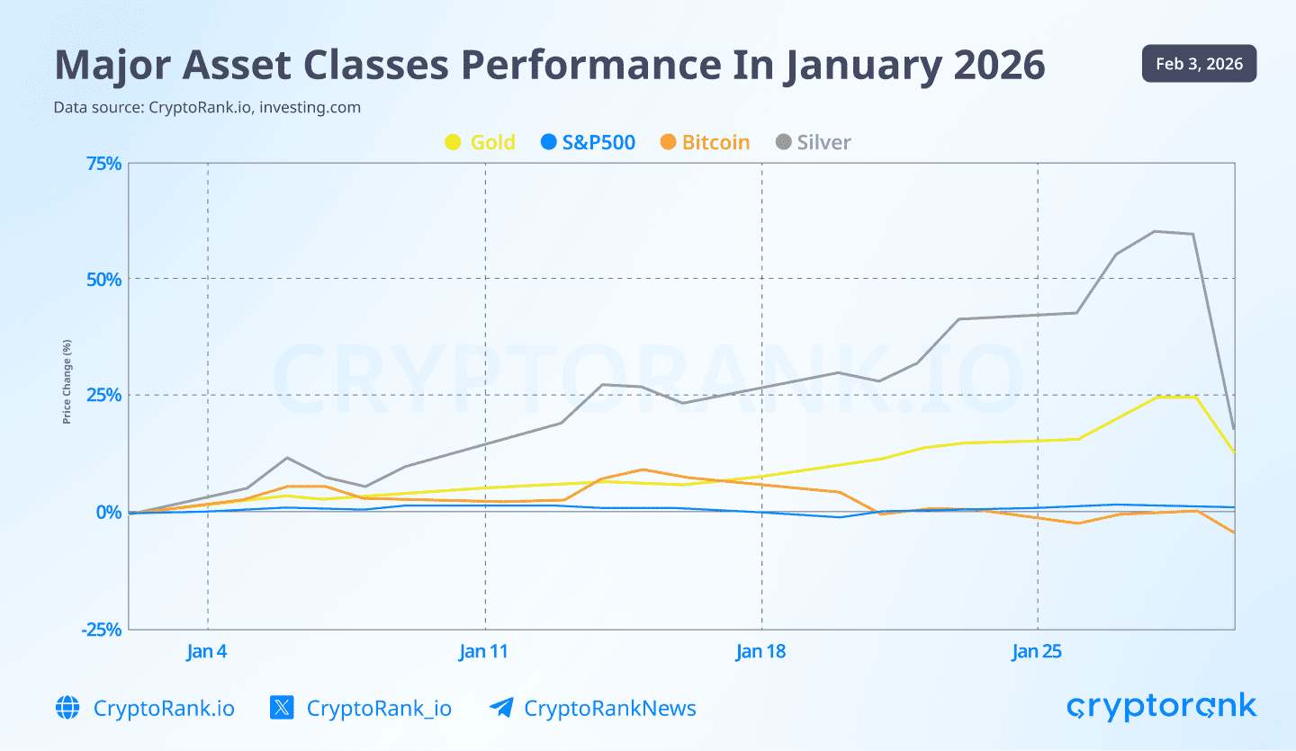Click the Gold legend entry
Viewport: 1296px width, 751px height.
point(481,142)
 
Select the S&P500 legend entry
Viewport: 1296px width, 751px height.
point(589,142)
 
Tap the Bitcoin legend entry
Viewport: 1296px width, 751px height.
point(705,142)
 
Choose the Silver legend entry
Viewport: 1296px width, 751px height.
point(813,142)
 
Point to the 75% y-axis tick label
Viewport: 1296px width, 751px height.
point(103,163)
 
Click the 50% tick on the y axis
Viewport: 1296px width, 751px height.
point(103,279)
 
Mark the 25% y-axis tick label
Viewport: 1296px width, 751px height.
point(103,395)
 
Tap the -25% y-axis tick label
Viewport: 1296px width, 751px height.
point(100,629)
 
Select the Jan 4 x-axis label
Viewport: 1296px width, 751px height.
point(207,651)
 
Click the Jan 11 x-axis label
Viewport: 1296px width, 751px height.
point(484,651)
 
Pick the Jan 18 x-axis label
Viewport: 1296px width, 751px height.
point(761,651)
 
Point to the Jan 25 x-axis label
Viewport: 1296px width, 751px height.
point(1038,651)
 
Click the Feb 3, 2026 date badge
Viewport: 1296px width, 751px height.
point(1199,64)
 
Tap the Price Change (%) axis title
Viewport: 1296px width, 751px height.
point(67,382)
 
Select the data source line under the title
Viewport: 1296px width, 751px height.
point(207,107)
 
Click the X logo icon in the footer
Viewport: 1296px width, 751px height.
point(282,708)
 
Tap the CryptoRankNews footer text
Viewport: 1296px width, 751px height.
point(609,708)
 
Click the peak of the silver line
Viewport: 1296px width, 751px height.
point(1155,231)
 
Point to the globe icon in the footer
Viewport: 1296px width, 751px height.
point(67,708)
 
